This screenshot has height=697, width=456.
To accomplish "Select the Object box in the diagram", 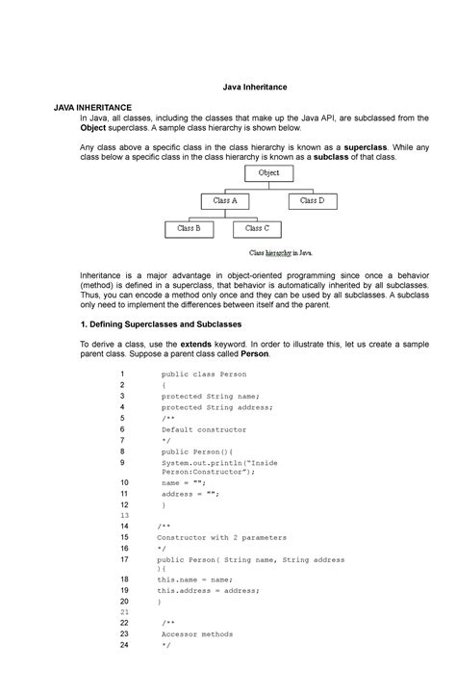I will pos(268,173).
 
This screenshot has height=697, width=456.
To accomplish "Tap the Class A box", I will pos(225,201).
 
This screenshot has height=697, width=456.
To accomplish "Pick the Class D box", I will pos(312,201).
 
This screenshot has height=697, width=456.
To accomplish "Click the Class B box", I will pos(189,229).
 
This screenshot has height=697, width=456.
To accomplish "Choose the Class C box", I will pos(256,229).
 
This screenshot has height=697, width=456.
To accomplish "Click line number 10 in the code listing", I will pos(123,478).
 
